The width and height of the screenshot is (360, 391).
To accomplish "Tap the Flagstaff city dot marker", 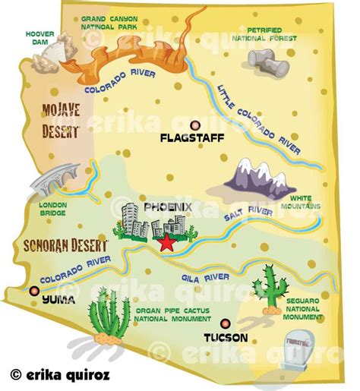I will click(195, 125).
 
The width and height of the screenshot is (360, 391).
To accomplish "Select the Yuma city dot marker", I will click(33, 289).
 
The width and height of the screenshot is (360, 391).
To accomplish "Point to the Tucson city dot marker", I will click(225, 322).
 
